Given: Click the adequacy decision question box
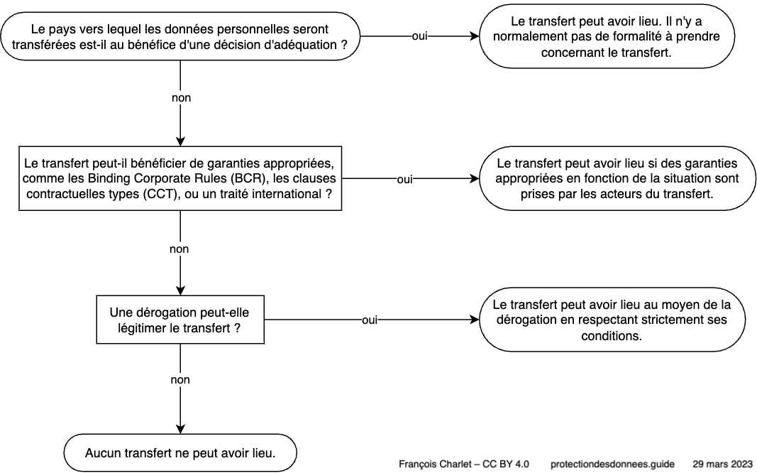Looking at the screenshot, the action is (180, 36).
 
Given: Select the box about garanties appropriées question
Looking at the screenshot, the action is (180, 178).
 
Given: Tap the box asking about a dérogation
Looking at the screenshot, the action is (180, 320).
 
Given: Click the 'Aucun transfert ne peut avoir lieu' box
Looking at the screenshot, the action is (180, 452).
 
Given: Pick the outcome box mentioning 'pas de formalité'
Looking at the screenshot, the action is (607, 36).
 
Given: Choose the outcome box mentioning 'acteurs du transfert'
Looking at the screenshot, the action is (617, 178).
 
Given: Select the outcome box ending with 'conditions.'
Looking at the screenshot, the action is (612, 320).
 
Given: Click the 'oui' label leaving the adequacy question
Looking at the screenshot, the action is (419, 36).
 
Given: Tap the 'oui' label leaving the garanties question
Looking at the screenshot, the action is (404, 179).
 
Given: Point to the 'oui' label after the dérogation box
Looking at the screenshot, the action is (370, 320).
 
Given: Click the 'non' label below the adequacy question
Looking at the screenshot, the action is (181, 97).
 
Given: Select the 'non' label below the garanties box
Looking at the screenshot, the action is (179, 249).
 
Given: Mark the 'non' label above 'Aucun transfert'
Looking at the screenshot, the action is (180, 380).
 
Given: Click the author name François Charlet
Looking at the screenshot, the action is (433, 464).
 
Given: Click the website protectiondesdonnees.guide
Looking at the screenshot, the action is (612, 464).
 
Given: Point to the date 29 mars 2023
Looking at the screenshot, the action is (722, 464).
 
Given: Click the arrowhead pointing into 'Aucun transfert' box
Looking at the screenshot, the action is (180, 429).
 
